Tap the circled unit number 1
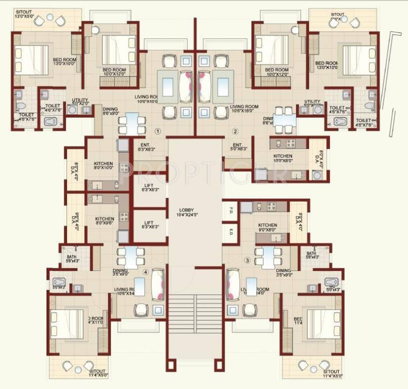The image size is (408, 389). point(157,131)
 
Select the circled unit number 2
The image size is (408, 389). point(235,131)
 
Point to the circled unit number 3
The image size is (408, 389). point(247,260)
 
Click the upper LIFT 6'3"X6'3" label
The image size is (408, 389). point(150,187)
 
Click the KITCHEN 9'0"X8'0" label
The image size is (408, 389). point(267,227)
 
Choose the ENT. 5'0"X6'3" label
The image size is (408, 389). point(238,147)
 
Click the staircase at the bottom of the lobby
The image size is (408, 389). point(195,314)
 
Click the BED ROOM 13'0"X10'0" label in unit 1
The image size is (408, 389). point(65,62)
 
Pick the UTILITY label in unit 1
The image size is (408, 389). point(80,101)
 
